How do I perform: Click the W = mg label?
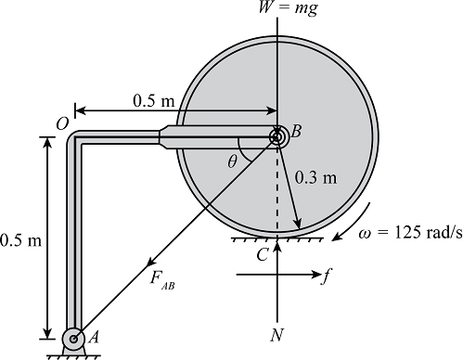coord(288,7)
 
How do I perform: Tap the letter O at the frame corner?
coord(62,124)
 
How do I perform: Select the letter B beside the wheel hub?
coord(296,131)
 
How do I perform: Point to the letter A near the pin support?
coord(94,338)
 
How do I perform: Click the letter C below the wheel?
coord(263,255)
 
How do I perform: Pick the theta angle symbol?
coord(232,161)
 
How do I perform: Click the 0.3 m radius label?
coord(315,178)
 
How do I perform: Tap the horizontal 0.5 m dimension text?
coord(154,100)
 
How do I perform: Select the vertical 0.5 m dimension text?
coord(20,240)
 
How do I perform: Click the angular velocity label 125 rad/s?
coord(411,233)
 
